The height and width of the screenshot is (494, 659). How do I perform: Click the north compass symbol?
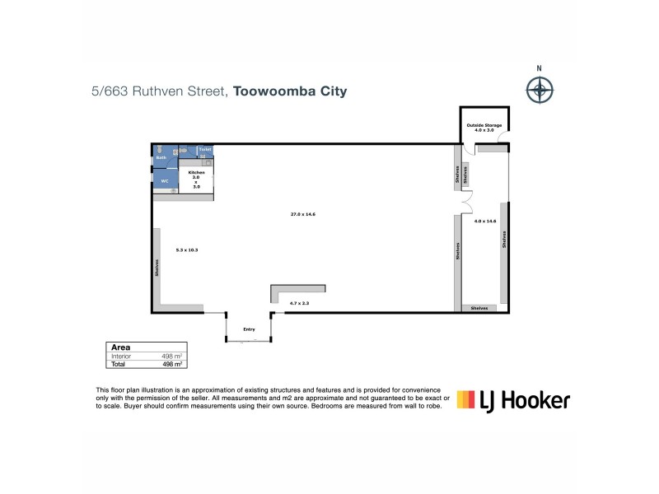click(540, 88)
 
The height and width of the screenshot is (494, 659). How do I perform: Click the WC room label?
click(164, 180)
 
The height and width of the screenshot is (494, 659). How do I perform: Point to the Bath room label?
click(161, 157)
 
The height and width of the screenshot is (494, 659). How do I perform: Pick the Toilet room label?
click(205, 149)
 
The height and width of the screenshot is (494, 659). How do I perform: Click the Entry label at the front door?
click(249, 329)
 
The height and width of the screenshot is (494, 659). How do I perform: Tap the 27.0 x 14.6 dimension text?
click(303, 214)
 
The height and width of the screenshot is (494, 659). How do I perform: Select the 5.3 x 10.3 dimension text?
click(188, 249)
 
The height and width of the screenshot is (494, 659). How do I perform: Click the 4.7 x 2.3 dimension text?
click(299, 304)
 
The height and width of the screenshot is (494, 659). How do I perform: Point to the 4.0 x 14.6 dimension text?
click(485, 221)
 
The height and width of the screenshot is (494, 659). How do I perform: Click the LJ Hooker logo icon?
click(467, 400)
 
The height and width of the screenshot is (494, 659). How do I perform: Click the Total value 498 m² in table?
click(171, 363)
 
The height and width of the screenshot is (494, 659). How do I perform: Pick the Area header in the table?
click(121, 347)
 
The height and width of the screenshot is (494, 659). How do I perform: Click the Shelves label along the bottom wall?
click(479, 308)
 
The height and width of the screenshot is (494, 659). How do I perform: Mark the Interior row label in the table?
click(122, 356)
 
